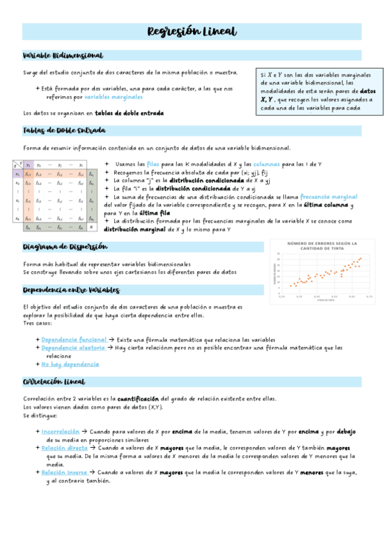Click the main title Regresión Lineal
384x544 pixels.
coord(192,31)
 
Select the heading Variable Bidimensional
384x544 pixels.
coord(63,56)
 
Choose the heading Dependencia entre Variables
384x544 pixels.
coord(71,291)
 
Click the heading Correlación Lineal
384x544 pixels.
coord(54,382)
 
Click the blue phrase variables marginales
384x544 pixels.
coord(113,97)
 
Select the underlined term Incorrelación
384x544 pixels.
coord(60,432)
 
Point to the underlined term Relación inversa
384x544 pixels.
coord(64,472)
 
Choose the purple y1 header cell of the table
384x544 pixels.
coord(28,165)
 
